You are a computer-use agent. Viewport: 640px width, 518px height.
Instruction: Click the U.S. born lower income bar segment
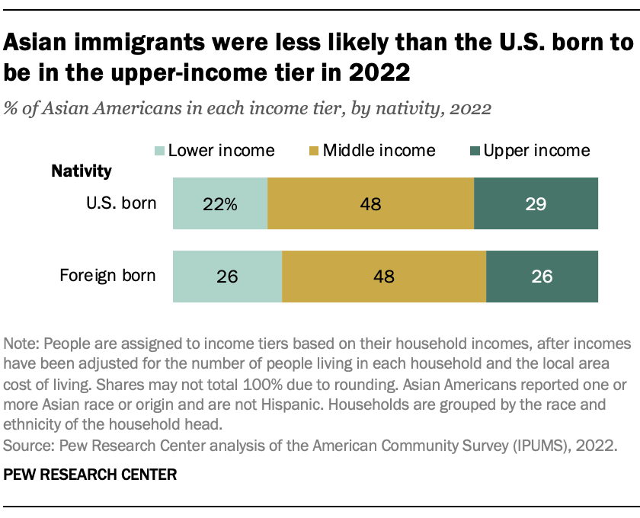click(220, 203)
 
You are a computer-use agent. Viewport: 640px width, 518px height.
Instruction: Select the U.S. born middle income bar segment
click(370, 203)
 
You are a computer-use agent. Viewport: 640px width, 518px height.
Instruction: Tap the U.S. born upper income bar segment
click(536, 203)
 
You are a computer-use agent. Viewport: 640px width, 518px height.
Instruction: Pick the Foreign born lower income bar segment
click(227, 277)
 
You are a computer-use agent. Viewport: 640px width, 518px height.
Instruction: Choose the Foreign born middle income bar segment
click(384, 277)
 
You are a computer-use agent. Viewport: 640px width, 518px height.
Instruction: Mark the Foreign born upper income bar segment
click(542, 277)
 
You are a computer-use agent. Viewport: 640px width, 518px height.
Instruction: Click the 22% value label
click(220, 204)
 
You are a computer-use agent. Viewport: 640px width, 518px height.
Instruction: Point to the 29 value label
click(536, 204)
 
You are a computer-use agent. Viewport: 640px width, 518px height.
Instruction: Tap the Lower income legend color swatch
click(158, 150)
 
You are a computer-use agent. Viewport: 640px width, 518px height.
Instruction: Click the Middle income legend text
click(379, 150)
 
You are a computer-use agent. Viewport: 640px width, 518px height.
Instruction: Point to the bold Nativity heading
click(82, 171)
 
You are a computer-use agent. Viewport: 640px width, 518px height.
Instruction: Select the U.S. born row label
click(121, 203)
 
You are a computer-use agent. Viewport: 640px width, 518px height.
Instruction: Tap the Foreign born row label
click(107, 276)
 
